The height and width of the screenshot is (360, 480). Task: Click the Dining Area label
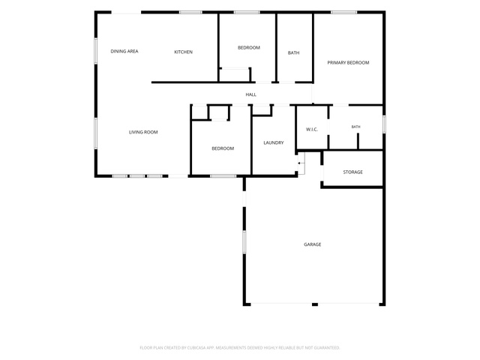click(124, 51)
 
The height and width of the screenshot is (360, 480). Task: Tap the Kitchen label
click(183, 52)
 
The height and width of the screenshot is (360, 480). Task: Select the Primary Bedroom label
click(348, 62)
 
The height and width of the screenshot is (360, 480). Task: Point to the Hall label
click(250, 94)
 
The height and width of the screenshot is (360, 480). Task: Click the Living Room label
click(143, 132)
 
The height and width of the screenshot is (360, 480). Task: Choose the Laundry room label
click(273, 142)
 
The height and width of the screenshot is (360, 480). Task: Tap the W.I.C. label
click(312, 130)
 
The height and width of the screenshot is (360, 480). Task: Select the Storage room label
click(352, 172)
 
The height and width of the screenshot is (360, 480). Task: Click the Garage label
click(312, 244)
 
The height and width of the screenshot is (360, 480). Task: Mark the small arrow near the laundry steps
click(300, 163)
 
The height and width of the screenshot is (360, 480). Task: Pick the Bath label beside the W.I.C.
click(355, 127)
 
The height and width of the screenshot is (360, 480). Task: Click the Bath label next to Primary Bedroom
click(293, 53)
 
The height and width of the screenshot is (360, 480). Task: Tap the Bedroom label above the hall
click(248, 48)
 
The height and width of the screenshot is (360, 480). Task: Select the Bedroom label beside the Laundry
click(223, 148)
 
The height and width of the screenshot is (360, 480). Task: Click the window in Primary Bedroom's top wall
click(343, 12)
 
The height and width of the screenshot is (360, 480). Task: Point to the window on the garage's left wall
click(244, 241)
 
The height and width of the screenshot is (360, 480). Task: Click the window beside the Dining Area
click(96, 51)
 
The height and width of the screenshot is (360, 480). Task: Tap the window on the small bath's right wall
click(384, 124)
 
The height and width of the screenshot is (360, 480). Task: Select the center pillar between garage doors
click(315, 304)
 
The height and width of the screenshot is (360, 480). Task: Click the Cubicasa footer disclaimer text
click(240, 348)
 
